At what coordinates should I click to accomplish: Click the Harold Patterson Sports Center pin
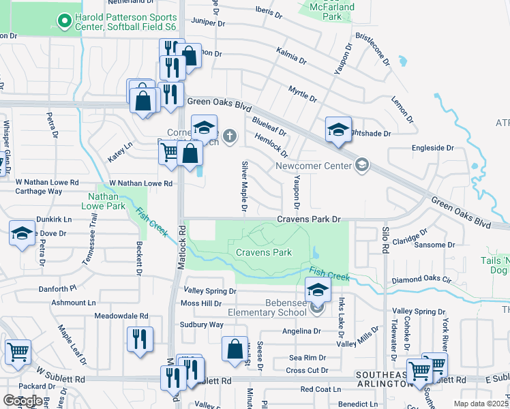[x=65, y=21]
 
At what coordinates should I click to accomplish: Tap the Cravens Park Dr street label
[x=308, y=219]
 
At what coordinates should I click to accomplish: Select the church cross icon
[x=230, y=136]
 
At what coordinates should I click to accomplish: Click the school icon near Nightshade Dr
[x=338, y=132]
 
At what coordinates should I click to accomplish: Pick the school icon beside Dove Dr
[x=22, y=234]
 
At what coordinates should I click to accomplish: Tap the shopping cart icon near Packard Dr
[x=18, y=352]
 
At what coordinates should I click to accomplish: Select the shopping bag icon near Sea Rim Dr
[x=235, y=349]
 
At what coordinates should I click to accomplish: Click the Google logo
[x=22, y=400]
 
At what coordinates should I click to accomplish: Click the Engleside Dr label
[x=432, y=147]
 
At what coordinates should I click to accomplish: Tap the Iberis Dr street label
[x=268, y=12]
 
